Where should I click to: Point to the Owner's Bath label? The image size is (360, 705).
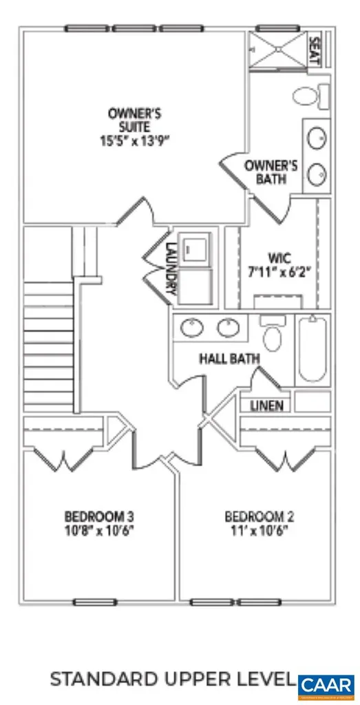click(x=271, y=172)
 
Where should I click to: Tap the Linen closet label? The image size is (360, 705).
click(x=266, y=405)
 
